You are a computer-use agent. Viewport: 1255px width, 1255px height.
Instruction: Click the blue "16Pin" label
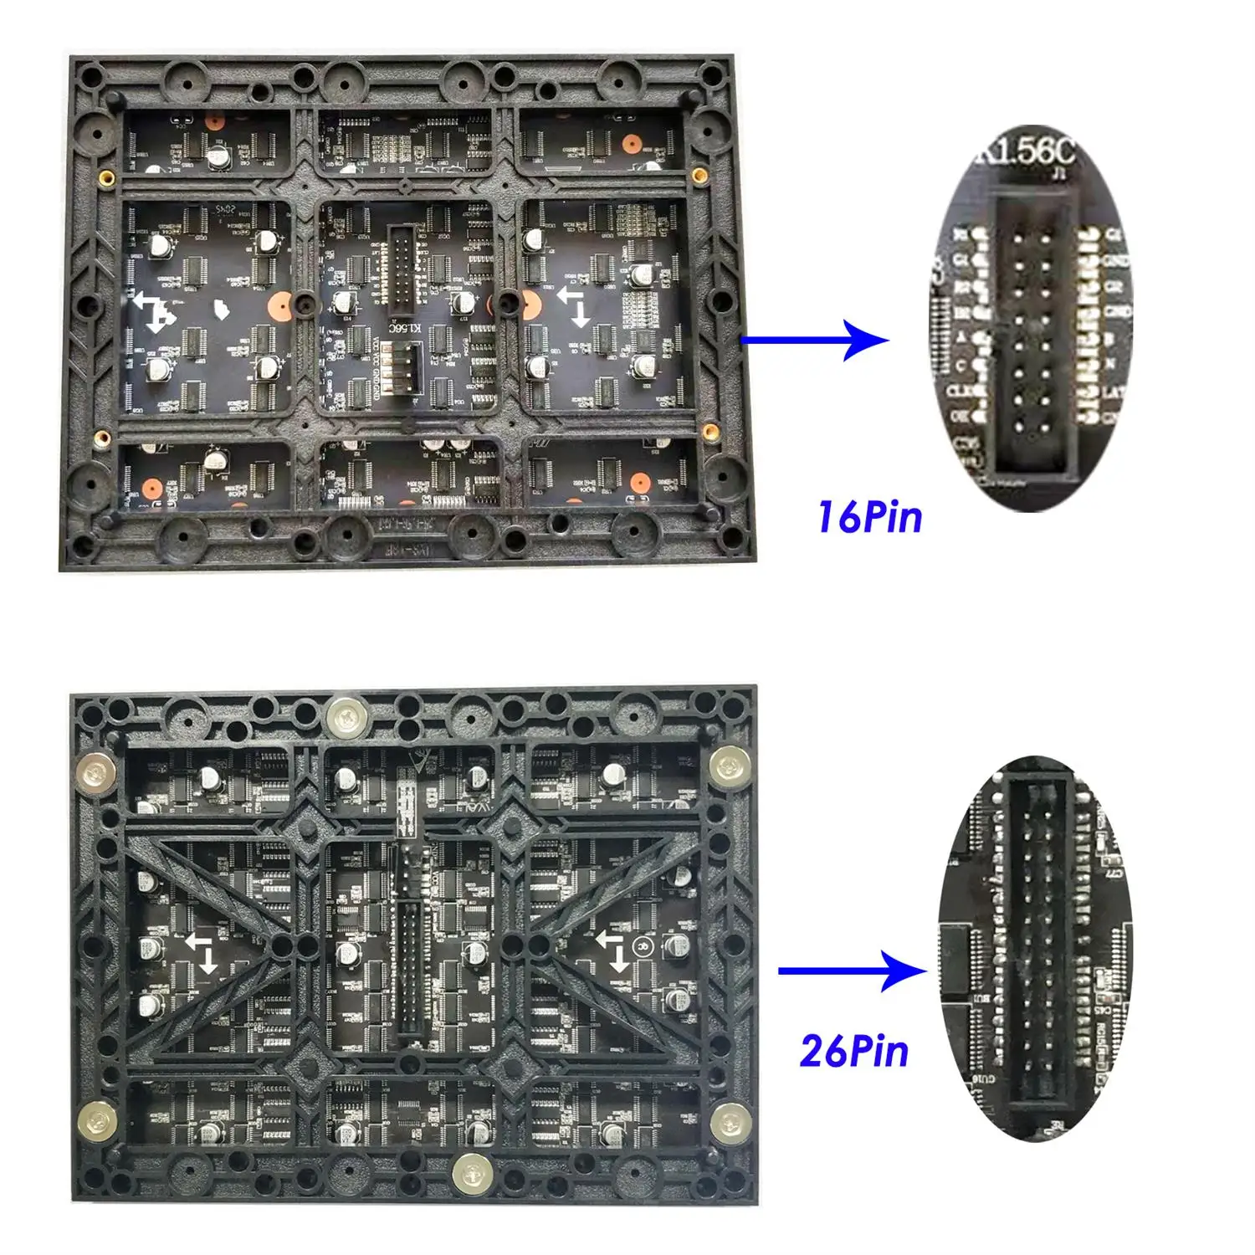click(x=869, y=516)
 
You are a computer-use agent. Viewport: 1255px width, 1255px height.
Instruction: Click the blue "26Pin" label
click(x=853, y=1051)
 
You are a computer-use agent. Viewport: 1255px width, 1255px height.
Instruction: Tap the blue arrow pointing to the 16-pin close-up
click(x=816, y=340)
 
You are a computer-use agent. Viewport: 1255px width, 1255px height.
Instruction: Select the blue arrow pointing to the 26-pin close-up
click(x=853, y=971)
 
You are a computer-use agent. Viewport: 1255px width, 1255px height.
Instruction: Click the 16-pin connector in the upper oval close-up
click(x=1031, y=335)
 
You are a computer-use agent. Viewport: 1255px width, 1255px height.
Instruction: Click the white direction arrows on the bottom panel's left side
click(x=202, y=954)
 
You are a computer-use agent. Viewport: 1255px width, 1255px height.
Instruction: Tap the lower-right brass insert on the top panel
click(x=709, y=431)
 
